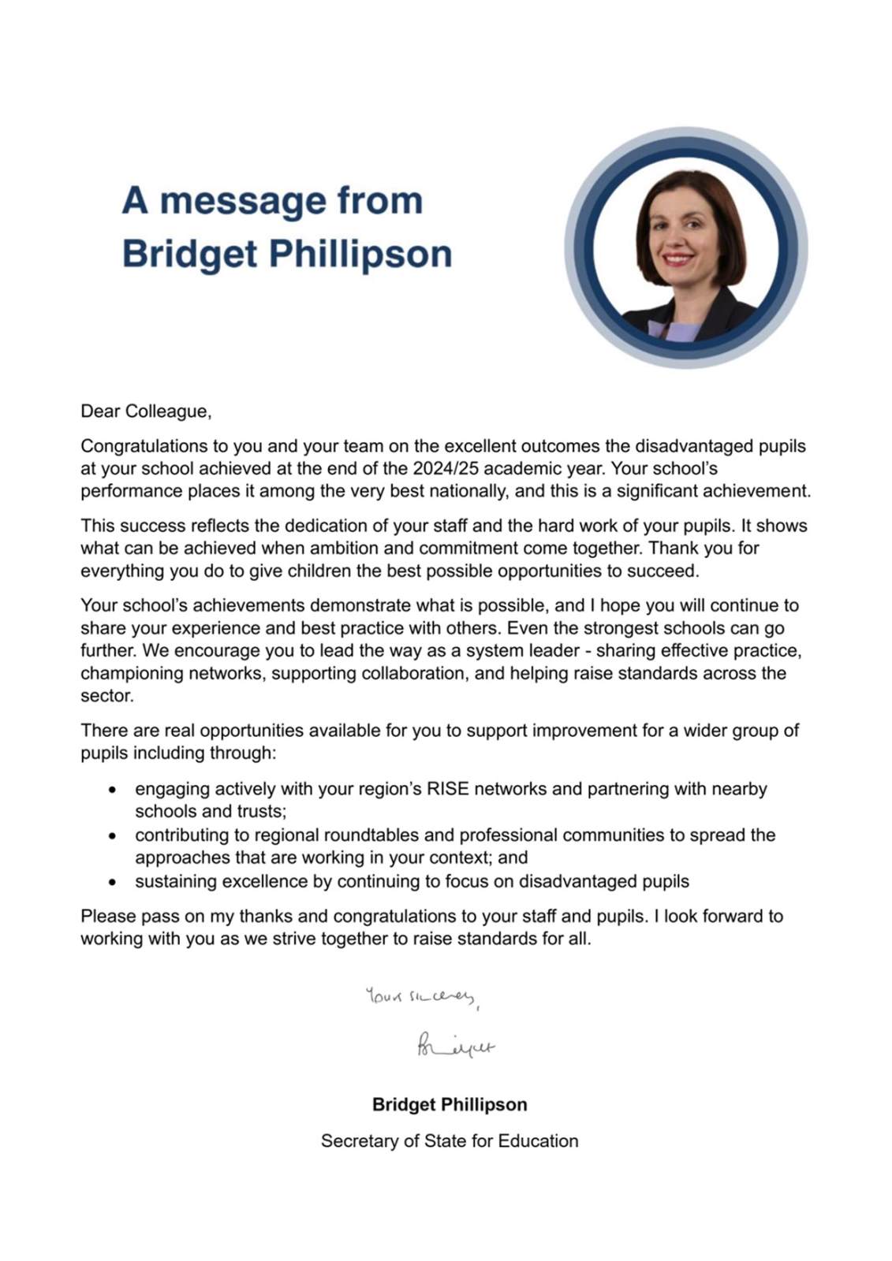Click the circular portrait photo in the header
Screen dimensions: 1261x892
(x=685, y=247)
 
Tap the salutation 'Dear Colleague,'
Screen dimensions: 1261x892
(x=146, y=411)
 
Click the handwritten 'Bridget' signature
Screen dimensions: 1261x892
(x=455, y=1047)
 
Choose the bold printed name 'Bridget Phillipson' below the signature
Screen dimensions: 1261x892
(x=450, y=1104)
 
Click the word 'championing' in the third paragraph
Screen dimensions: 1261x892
(x=130, y=674)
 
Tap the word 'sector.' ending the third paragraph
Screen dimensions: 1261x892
(x=107, y=697)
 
